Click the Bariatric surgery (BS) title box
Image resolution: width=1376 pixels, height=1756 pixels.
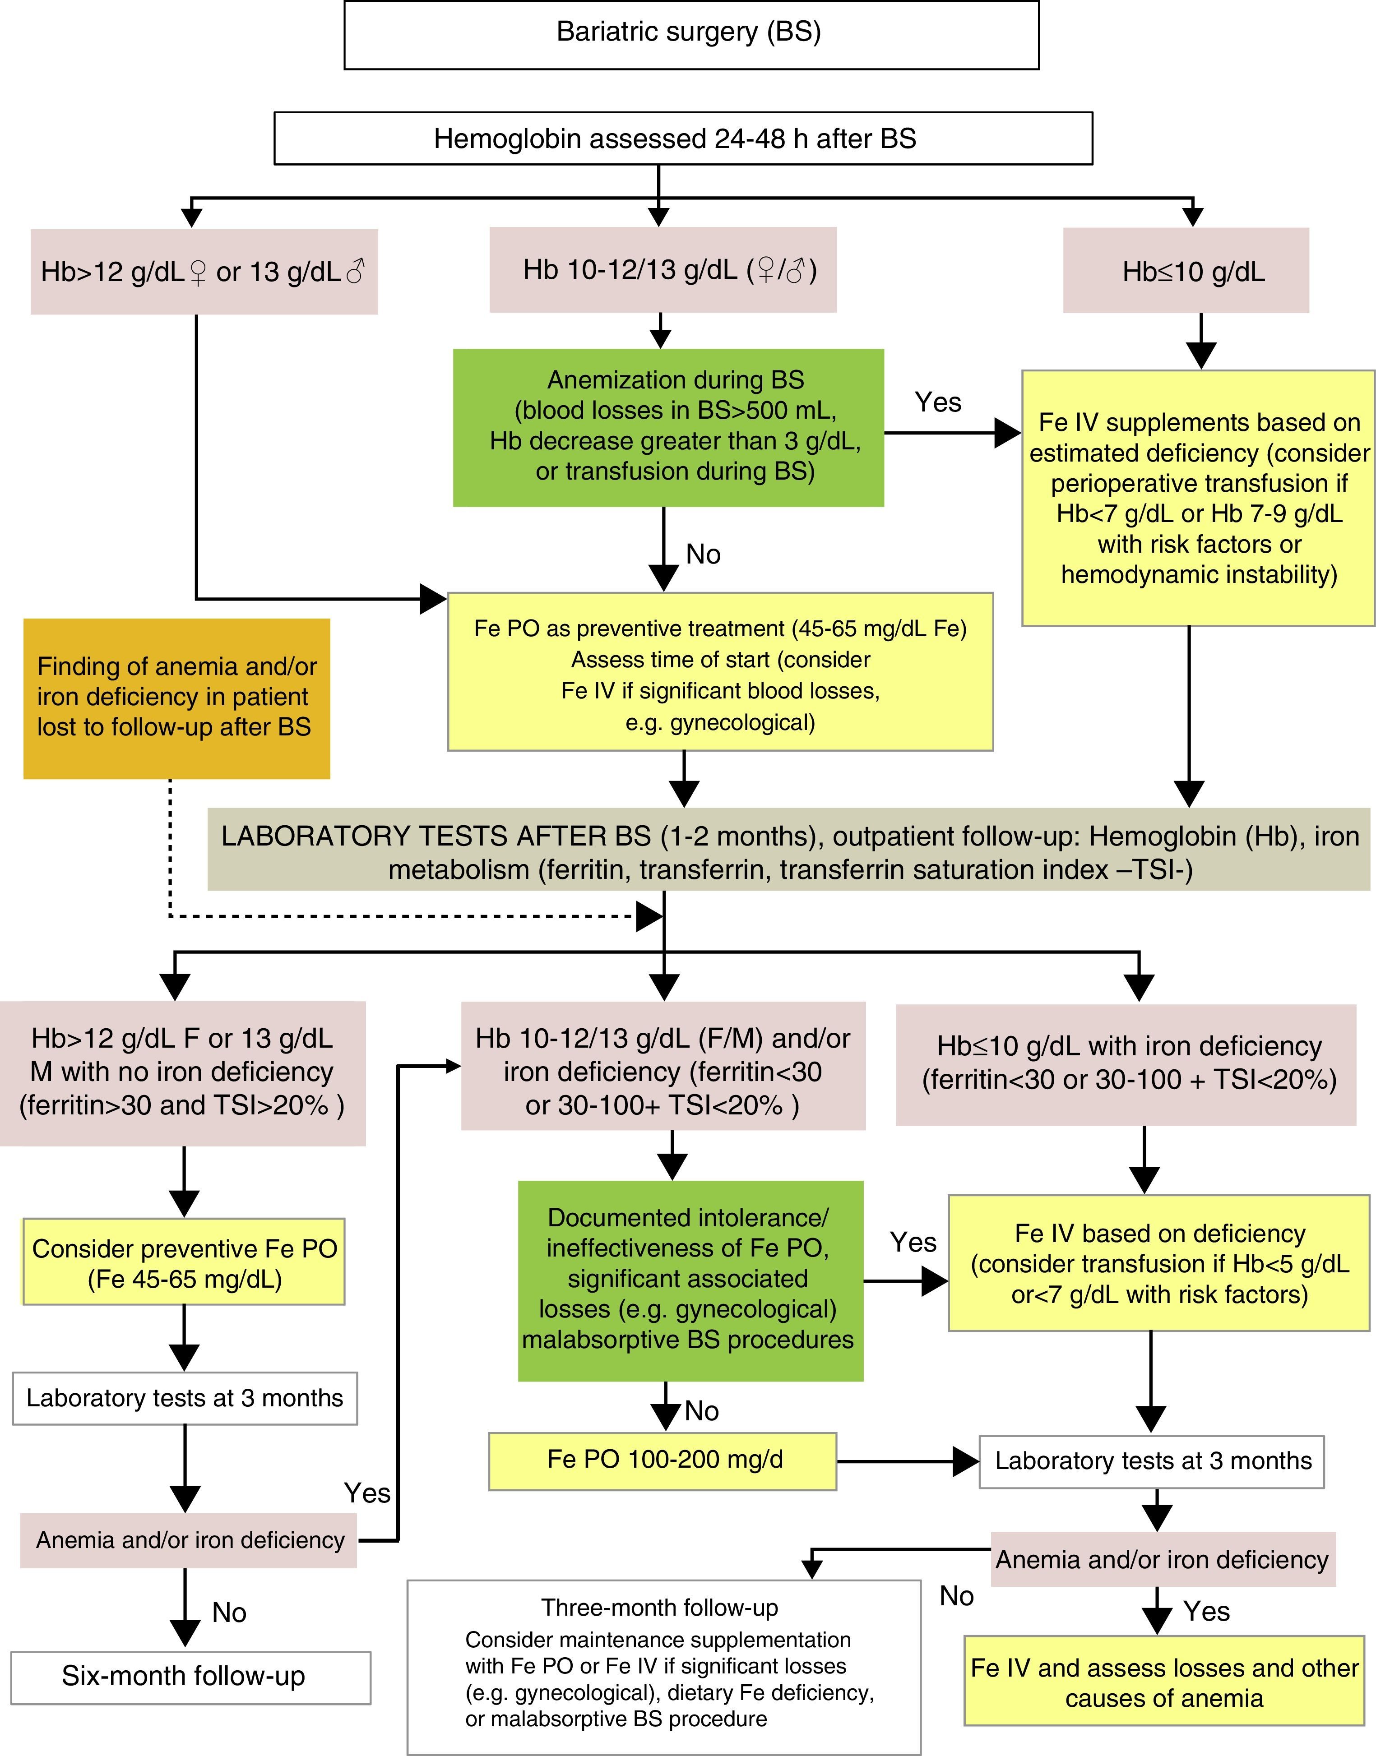pyautogui.click(x=690, y=34)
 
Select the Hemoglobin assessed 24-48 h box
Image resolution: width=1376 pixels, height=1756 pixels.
pyautogui.click(x=682, y=139)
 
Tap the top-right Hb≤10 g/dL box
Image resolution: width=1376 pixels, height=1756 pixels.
pyautogui.click(x=1185, y=272)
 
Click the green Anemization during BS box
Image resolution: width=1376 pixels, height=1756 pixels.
pyautogui.click(x=668, y=427)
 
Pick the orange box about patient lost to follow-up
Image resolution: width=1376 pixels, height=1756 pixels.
pyautogui.click(x=176, y=698)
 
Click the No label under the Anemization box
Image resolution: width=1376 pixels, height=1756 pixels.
pyautogui.click(x=703, y=554)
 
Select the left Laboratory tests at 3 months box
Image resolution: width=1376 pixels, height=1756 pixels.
pyautogui.click(x=185, y=1398)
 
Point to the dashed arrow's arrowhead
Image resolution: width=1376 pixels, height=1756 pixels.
pyautogui.click(x=649, y=916)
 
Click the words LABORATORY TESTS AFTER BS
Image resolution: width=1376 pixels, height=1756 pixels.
pyautogui.click(x=436, y=836)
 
